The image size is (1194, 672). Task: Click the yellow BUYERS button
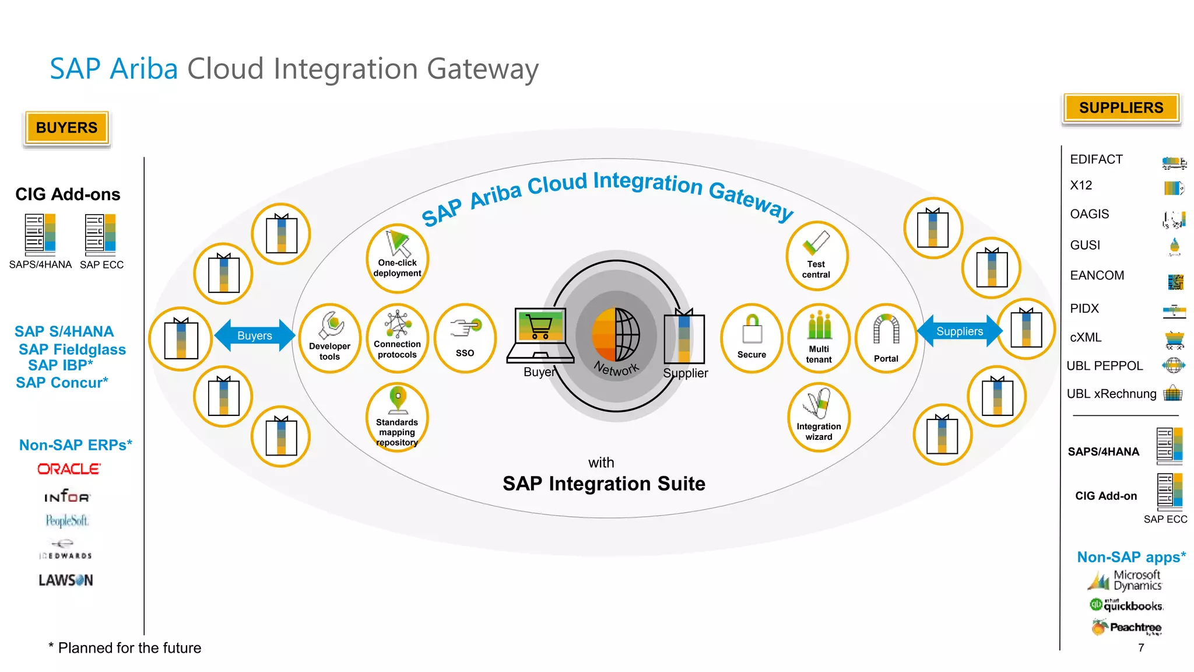point(66,128)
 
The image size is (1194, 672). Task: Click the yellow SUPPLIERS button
point(1121,108)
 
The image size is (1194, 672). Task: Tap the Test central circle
point(816,256)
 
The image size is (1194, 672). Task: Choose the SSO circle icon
point(465,338)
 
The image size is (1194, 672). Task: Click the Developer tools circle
point(330,338)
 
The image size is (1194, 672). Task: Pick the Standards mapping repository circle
point(397,418)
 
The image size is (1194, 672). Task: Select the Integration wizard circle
point(819,417)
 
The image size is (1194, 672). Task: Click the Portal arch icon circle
point(886,338)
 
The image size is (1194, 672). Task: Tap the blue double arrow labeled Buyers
point(255,335)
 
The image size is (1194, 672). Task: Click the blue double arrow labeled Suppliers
point(960,331)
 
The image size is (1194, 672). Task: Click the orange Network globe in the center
point(615,335)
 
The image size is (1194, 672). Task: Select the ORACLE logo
point(69,469)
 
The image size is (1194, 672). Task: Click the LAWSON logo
point(66,580)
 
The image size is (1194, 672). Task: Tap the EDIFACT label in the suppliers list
point(1096,160)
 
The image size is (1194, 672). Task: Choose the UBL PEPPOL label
point(1104,366)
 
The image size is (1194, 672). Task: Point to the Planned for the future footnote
point(125,648)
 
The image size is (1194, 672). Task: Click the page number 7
point(1141,647)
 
